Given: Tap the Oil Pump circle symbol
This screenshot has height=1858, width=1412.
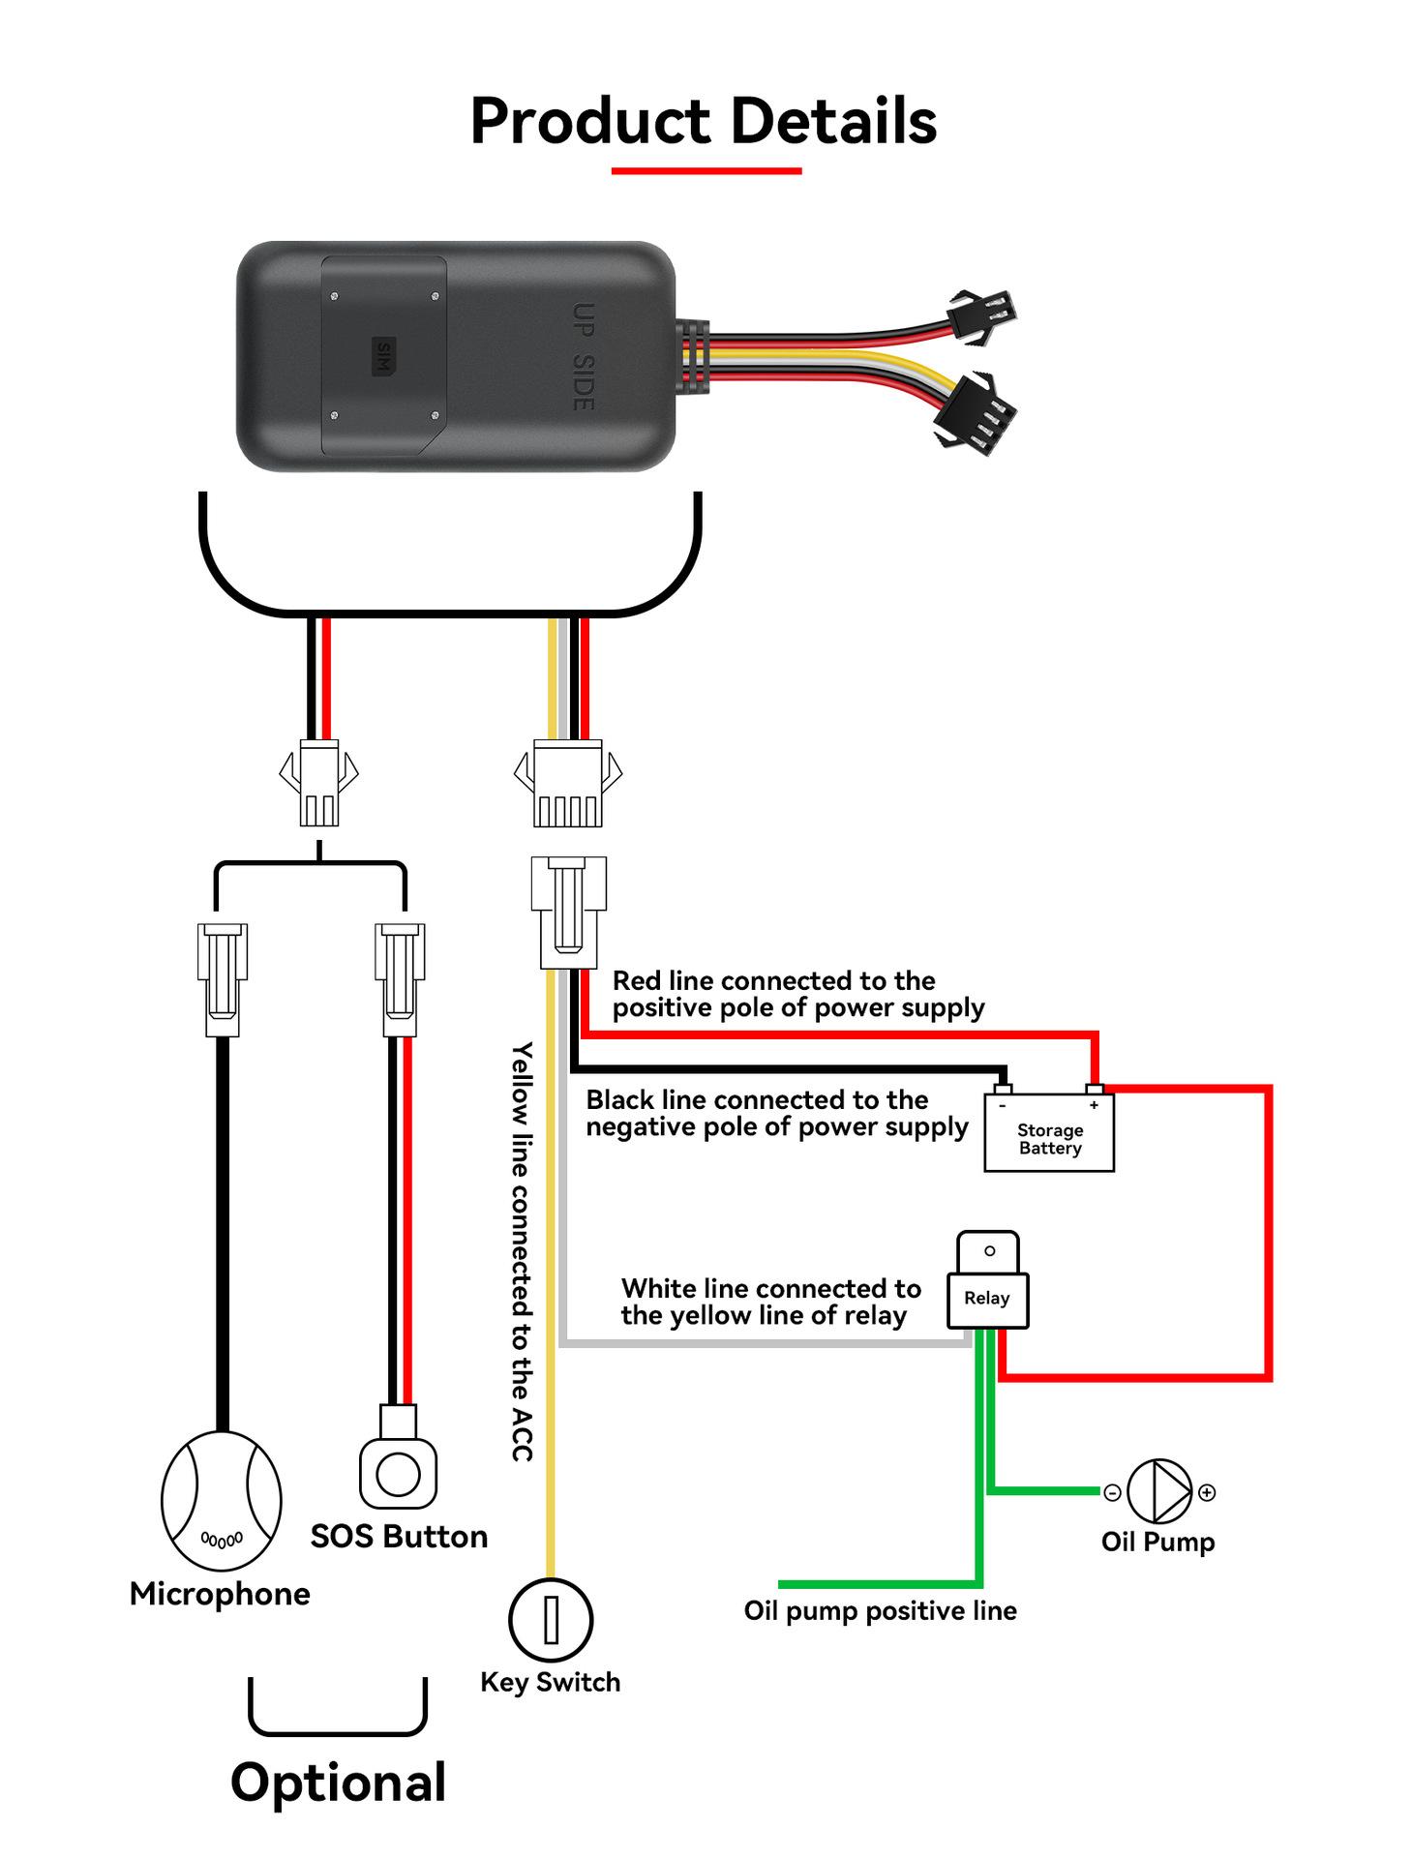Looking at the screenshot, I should (x=1158, y=1491).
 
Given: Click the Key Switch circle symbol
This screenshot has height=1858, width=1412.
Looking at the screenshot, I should (x=551, y=1620).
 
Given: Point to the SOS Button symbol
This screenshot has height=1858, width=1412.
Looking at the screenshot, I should (x=398, y=1474).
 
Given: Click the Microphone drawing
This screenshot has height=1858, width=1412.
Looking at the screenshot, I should (x=222, y=1500).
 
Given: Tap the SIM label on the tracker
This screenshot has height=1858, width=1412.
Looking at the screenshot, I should (x=384, y=356).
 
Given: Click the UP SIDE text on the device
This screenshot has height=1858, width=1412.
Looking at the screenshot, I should (x=583, y=356).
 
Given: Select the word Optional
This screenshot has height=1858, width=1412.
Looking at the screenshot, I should (x=338, y=1783).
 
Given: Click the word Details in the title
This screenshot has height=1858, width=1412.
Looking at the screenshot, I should (x=833, y=122).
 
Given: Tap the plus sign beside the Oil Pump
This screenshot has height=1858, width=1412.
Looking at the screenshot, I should (x=1207, y=1492).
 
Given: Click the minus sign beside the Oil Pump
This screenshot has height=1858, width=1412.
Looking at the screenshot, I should (x=1113, y=1493).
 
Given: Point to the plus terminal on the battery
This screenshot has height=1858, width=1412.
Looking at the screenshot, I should (x=1095, y=1104).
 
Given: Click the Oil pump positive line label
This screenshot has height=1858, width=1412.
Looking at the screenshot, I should (x=880, y=1611).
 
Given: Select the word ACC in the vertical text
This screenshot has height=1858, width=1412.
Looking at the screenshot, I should (x=523, y=1436).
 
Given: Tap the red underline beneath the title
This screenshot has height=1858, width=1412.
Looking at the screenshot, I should (x=706, y=171).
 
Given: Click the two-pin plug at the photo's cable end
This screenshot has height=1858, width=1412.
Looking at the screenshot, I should (x=982, y=315).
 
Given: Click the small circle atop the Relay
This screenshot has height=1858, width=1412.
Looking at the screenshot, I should (x=989, y=1250).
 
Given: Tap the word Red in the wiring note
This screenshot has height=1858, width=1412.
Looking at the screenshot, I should (x=636, y=981).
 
